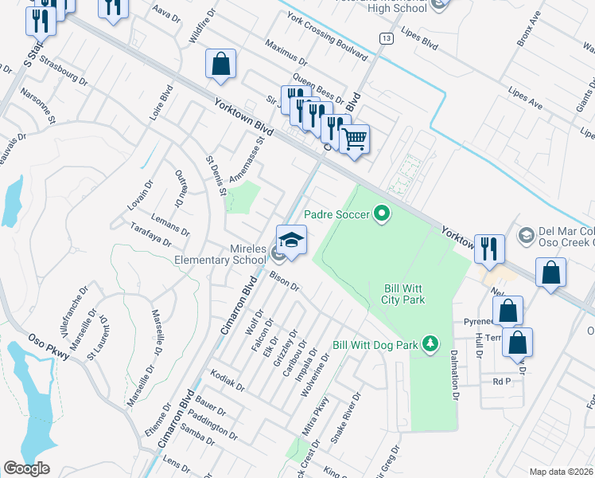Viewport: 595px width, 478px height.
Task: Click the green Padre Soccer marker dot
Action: tap(382, 214)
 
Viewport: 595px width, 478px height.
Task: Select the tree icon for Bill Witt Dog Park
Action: tap(430, 343)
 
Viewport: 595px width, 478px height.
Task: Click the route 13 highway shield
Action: tap(386, 38)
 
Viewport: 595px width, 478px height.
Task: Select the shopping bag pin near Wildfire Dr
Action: tap(220, 65)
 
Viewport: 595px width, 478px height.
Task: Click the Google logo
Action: tap(27, 468)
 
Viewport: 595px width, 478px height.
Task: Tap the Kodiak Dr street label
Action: tap(227, 379)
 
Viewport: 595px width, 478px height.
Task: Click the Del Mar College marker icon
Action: tap(526, 235)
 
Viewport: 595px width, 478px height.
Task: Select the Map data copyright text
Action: tap(560, 471)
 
